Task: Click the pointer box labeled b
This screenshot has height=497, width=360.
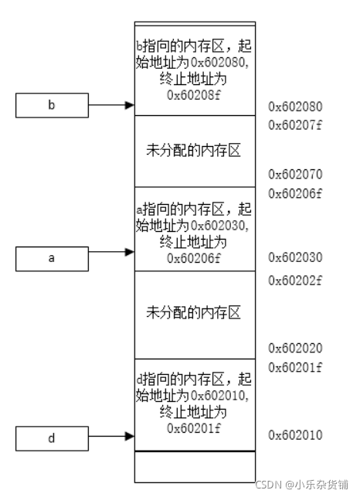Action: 52,105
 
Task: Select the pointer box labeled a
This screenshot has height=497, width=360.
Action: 52,259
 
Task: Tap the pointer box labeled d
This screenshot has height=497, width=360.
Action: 52,438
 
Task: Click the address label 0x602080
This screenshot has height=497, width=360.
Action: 294,107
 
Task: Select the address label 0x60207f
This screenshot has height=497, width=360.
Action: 294,125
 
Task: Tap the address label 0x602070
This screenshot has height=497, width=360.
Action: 294,175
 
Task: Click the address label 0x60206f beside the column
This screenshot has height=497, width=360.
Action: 294,192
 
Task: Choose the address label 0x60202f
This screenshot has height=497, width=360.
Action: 294,280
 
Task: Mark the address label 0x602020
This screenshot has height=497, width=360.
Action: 294,349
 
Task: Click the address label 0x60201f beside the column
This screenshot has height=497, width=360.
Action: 294,366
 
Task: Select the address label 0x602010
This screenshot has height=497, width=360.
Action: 294,436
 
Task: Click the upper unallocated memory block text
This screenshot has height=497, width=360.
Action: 193,150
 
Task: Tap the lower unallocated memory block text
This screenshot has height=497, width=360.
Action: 193,313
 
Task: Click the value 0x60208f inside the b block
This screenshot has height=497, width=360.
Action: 193,95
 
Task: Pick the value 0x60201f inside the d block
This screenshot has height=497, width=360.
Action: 193,427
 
